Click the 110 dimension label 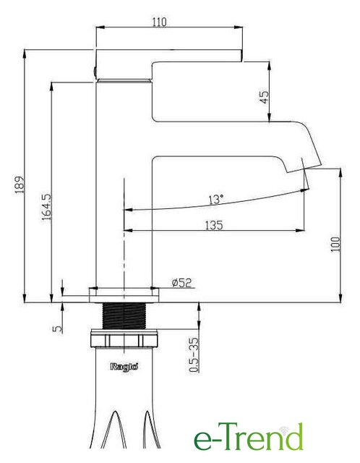pyautogui.click(x=159, y=22)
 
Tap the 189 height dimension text pyautogui.click(x=20, y=184)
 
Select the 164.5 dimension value pyautogui.click(x=46, y=207)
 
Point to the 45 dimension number pyautogui.click(x=264, y=97)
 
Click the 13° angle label pyautogui.click(x=216, y=200)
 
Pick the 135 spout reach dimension pyautogui.click(x=214, y=225)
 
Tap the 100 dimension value pyautogui.click(x=335, y=244)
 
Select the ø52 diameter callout pyautogui.click(x=181, y=283)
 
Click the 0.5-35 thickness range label pyautogui.click(x=194, y=354)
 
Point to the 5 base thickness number pyautogui.click(x=58, y=329)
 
